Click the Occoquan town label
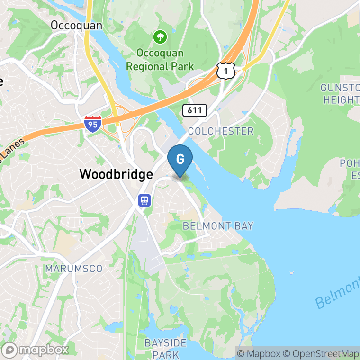point(76,25)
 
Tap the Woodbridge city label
point(116,174)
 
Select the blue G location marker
point(180,159)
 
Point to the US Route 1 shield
point(226,70)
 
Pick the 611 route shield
point(195,110)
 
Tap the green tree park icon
point(160,36)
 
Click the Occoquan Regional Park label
point(160,59)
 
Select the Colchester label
point(221,131)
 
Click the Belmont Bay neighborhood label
point(218,226)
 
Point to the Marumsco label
point(73,269)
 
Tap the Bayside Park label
point(166,348)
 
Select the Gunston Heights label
point(340,94)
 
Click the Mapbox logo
point(36,350)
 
